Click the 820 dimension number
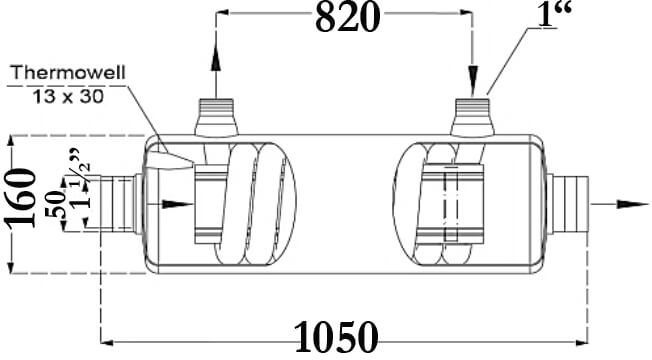click(x=348, y=18)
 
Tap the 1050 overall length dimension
click(x=336, y=337)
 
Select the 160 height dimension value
click(x=21, y=198)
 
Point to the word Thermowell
click(x=68, y=73)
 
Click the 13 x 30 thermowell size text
click(x=68, y=97)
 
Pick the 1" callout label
click(x=555, y=15)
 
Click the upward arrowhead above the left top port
click(x=216, y=57)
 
